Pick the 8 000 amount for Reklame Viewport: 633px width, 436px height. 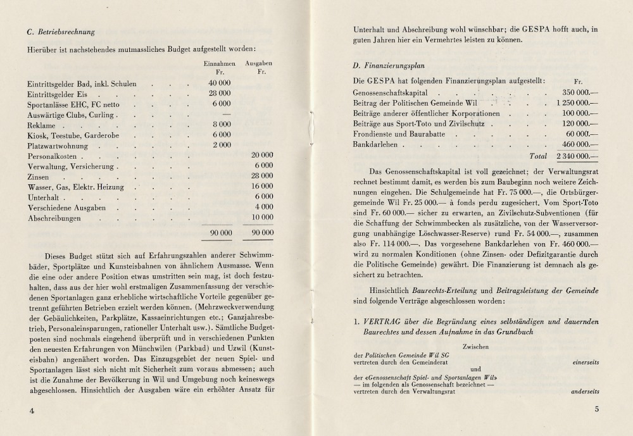(221, 125)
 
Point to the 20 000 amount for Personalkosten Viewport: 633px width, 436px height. (261, 155)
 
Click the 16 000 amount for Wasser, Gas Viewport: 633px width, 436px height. (261, 187)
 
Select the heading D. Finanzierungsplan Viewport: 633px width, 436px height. (389, 65)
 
